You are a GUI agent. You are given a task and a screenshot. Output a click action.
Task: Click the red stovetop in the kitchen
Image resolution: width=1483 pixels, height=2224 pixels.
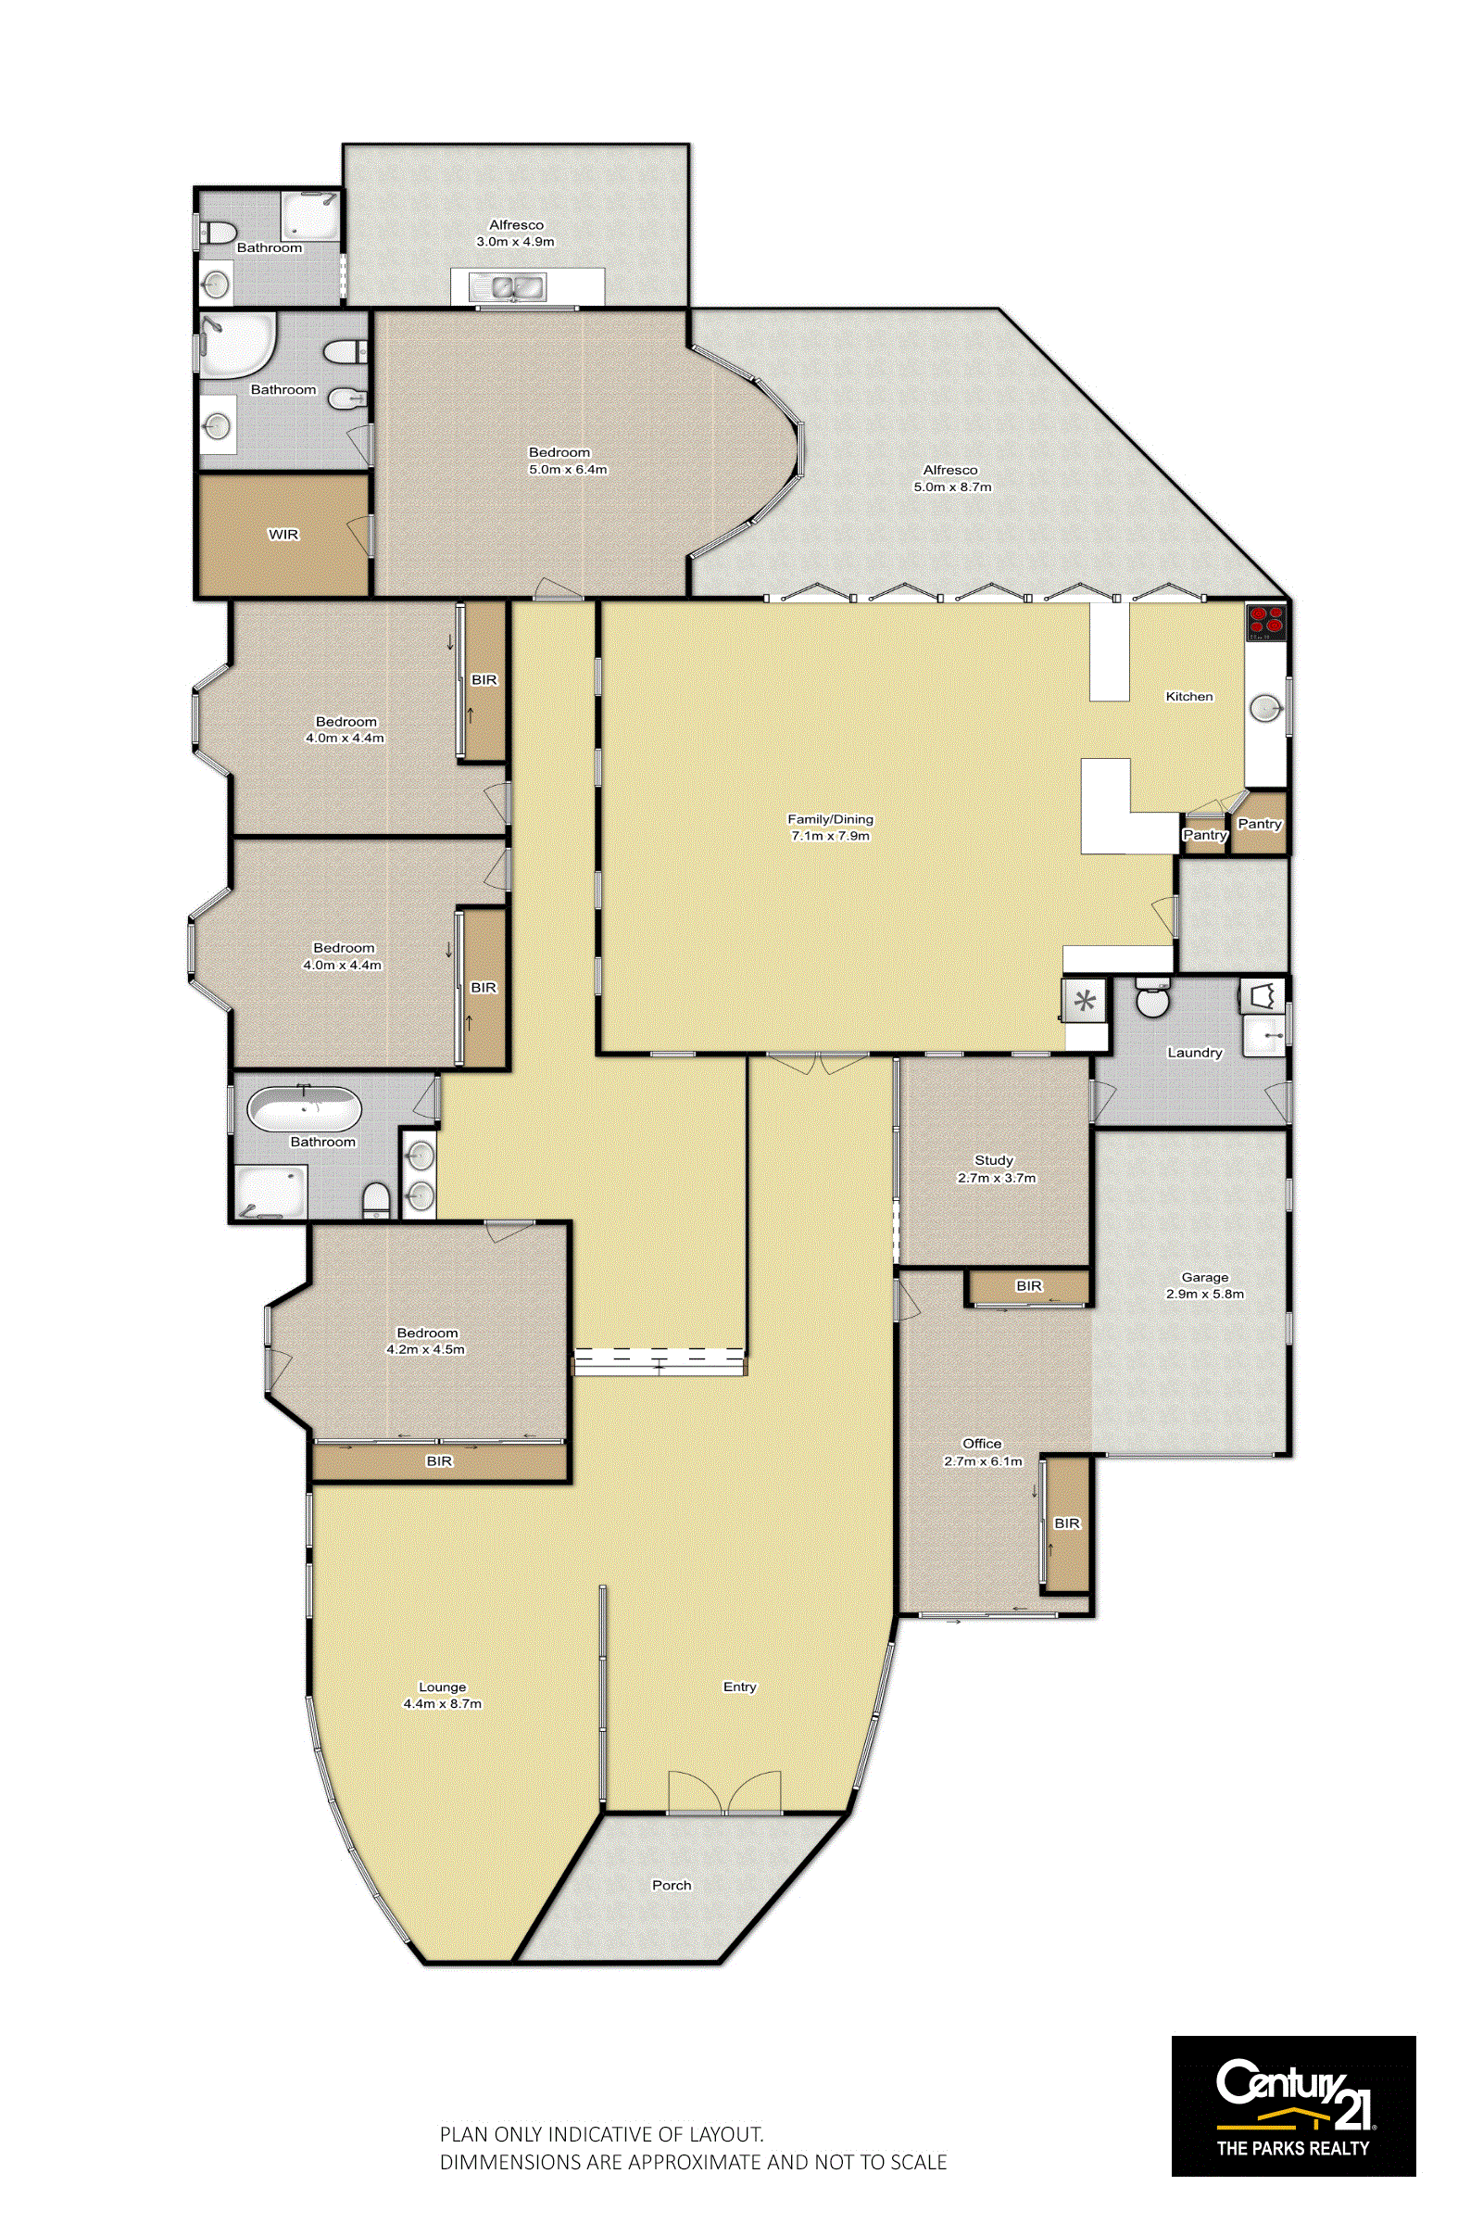[x=1265, y=623]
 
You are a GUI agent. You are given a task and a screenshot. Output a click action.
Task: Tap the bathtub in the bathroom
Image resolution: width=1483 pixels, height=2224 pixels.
[x=305, y=1108]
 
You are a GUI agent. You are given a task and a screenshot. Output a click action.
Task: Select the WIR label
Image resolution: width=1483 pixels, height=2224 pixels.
[x=283, y=535]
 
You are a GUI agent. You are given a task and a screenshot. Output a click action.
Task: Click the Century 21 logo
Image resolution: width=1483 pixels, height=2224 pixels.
[x=1293, y=2105]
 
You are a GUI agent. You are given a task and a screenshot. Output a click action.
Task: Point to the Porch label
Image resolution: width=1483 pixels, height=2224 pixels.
[x=672, y=1885]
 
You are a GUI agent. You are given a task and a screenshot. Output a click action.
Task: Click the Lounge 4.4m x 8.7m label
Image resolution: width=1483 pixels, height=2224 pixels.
[x=443, y=1695]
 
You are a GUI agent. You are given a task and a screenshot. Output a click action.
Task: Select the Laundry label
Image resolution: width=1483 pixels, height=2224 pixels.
[x=1195, y=1052]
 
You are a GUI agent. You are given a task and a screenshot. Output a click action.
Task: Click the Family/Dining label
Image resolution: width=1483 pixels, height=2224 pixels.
[x=830, y=819]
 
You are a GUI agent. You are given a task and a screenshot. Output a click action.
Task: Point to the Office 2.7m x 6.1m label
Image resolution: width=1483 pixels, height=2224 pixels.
[x=983, y=1452]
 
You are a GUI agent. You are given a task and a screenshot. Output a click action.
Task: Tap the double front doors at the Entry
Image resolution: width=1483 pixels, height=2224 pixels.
[x=724, y=1791]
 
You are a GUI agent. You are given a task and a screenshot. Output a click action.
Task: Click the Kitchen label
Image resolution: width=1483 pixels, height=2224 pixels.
[x=1188, y=696]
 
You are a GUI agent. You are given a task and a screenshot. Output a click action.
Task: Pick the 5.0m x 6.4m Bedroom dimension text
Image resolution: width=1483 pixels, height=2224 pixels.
[x=568, y=469]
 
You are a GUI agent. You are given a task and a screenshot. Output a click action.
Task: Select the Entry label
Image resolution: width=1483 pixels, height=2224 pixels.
[x=739, y=1687]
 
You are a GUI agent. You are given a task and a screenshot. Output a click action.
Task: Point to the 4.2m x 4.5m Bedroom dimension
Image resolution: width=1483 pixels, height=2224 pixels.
[x=425, y=1349]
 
